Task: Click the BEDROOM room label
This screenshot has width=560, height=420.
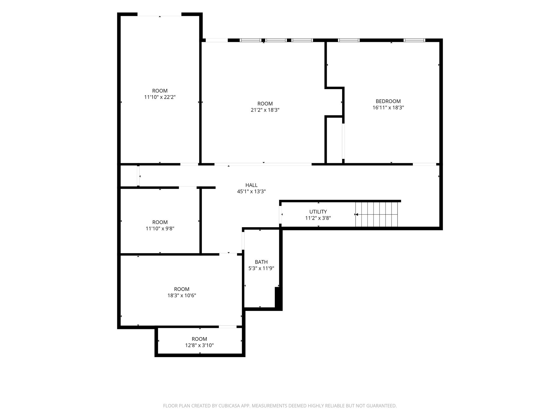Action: click(x=388, y=101)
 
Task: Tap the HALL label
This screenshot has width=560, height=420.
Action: click(x=251, y=185)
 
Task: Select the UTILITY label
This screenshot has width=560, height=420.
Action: click(x=318, y=212)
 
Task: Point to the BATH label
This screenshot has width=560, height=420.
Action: click(x=261, y=262)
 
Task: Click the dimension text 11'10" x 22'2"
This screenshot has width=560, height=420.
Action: click(x=160, y=97)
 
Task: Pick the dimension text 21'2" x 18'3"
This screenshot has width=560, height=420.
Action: click(x=265, y=110)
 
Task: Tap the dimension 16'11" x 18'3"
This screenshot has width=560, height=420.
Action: click(x=388, y=107)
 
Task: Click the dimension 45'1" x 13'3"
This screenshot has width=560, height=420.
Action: click(x=251, y=191)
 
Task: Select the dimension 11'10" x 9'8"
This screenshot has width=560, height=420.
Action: click(x=160, y=229)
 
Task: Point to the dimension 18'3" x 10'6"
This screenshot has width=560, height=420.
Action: click(x=182, y=295)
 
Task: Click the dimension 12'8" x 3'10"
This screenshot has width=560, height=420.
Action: click(x=199, y=345)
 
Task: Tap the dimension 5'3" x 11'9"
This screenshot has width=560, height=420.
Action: click(x=261, y=268)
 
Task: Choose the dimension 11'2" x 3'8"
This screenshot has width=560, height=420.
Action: click(x=318, y=218)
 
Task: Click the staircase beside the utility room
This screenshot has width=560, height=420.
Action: click(x=377, y=214)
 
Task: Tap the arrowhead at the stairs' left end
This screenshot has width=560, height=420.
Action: click(x=356, y=214)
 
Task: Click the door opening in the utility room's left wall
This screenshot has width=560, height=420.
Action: click(x=281, y=215)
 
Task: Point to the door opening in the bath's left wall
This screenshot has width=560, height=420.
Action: click(x=243, y=241)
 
